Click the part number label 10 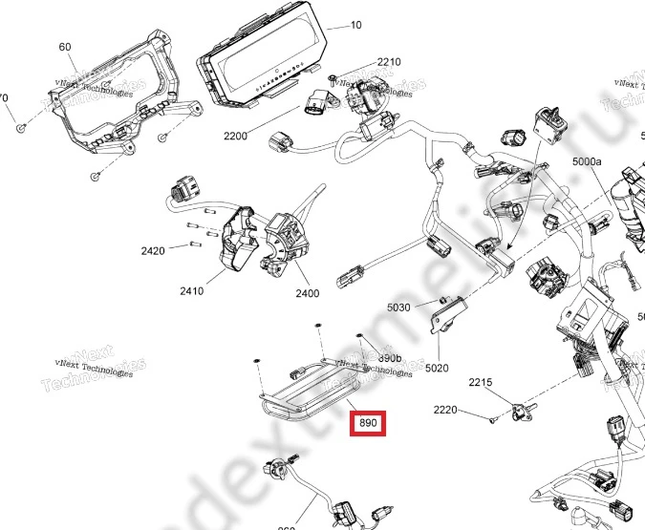click(x=356, y=26)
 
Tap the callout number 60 click(x=65, y=47)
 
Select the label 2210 click(x=388, y=62)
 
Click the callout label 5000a click(x=587, y=163)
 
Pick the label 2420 click(x=153, y=250)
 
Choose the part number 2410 click(x=191, y=291)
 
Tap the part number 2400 click(x=307, y=293)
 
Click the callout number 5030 click(x=398, y=307)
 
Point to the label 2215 click(x=480, y=383)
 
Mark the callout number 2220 click(x=446, y=411)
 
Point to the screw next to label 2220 click(x=490, y=417)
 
